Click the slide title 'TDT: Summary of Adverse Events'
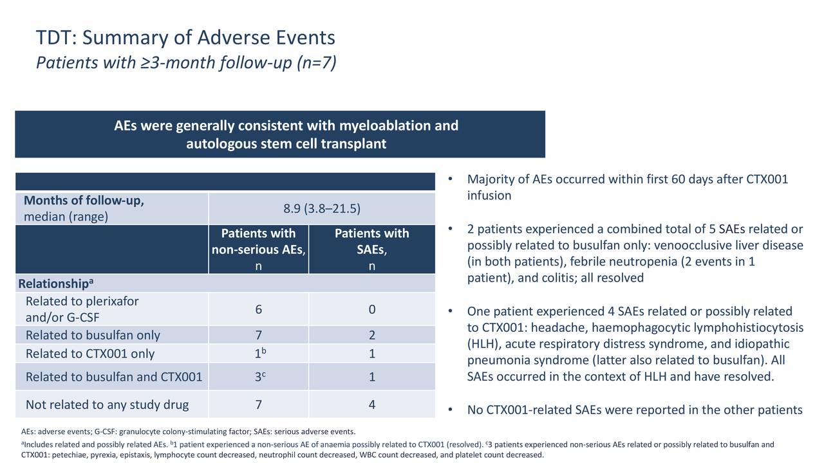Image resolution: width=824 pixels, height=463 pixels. point(185,38)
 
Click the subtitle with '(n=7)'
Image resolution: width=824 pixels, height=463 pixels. point(186,62)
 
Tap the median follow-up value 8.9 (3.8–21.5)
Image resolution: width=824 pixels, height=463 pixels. point(322,209)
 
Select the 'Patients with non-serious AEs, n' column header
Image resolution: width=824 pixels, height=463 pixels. point(258,250)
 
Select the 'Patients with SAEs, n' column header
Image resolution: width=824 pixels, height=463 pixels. point(372,250)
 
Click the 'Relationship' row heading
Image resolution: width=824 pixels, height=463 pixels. point(55,284)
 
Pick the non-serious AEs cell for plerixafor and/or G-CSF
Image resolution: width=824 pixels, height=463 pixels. point(259,309)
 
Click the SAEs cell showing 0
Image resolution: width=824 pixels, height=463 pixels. point(372,309)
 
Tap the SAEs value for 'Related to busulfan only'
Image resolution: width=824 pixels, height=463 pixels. point(372,335)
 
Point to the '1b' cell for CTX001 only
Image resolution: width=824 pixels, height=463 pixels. point(260,353)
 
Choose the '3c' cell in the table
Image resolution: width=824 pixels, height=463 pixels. point(260,376)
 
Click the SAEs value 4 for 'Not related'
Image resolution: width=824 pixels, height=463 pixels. point(372,404)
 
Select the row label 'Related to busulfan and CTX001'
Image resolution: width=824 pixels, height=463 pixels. point(114,377)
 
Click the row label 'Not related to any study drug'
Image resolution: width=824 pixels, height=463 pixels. point(107,405)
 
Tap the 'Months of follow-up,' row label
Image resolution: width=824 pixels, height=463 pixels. point(84,201)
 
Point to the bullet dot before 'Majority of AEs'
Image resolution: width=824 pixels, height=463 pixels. point(450,179)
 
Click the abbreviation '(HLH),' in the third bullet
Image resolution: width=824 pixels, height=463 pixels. point(484,344)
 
